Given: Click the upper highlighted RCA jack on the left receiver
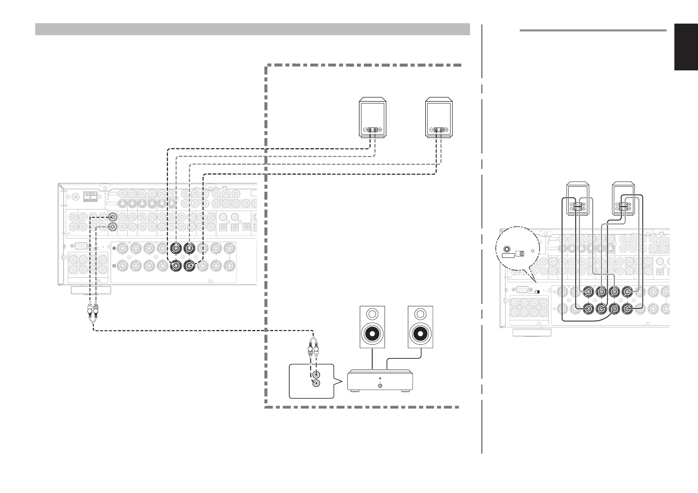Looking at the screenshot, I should (x=112, y=217).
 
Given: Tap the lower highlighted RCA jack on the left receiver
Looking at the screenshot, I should (x=112, y=226).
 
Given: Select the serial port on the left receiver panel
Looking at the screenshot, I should (x=81, y=245).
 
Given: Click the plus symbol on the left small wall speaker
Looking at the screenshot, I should (x=380, y=130).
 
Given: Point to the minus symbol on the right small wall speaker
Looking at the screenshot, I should (x=431, y=130).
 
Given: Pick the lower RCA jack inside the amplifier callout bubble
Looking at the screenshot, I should (x=316, y=384).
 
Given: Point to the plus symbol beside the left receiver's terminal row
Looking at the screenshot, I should (x=114, y=248).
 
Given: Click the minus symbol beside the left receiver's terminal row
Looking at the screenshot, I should (x=114, y=266).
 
